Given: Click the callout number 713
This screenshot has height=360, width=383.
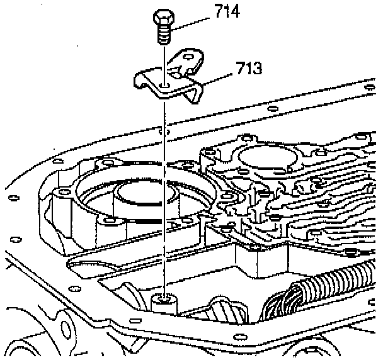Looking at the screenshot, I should (x=251, y=68).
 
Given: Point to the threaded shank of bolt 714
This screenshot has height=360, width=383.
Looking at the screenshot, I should (x=163, y=35).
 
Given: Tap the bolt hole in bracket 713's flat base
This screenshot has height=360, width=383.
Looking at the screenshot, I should (x=164, y=84).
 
